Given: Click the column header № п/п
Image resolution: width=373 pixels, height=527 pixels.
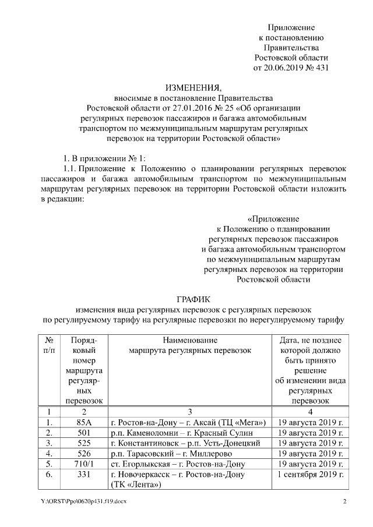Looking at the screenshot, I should click(50, 345).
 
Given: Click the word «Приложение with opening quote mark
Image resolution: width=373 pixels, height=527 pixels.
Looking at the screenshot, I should click(273, 220).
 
